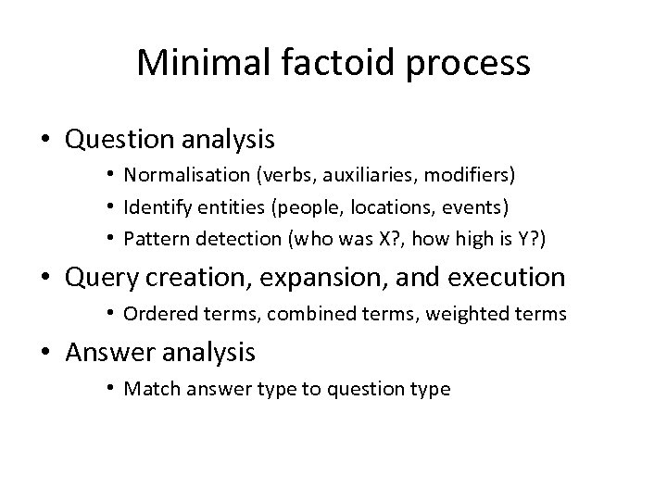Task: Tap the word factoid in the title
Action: [x=322, y=63]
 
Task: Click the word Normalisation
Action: [x=178, y=174]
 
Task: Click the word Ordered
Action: [x=157, y=314]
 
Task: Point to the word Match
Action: [x=148, y=389]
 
